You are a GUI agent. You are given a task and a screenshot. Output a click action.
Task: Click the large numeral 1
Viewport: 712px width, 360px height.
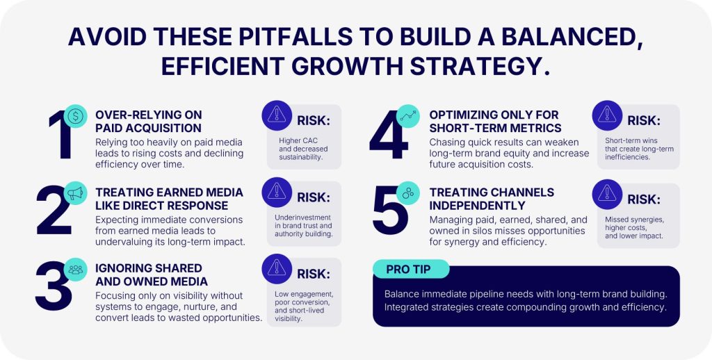pyautogui.click(x=62, y=135)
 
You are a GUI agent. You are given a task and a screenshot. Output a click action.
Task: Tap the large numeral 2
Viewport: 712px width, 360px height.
pyautogui.click(x=54, y=209)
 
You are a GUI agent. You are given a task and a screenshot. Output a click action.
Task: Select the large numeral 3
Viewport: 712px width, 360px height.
pyautogui.click(x=54, y=286)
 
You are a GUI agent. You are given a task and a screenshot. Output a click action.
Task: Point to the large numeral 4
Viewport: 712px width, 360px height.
pyautogui.click(x=389, y=135)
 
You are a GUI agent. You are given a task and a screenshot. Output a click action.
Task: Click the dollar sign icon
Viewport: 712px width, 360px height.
pyautogui.click(x=75, y=116)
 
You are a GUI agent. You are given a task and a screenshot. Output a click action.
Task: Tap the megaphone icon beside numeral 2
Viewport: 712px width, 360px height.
pyautogui.click(x=75, y=193)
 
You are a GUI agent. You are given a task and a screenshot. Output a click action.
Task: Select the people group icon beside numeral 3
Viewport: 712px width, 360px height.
pyautogui.click(x=75, y=270)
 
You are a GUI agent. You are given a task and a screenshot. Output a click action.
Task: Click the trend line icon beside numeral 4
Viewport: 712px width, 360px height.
pyautogui.click(x=407, y=116)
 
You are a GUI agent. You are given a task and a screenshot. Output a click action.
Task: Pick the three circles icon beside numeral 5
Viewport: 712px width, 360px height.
pyautogui.click(x=407, y=193)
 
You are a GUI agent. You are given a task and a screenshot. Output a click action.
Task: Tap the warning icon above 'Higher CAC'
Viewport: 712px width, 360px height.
pyautogui.click(x=277, y=115)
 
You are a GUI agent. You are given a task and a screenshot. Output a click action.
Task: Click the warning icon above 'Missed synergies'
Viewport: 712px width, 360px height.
pyautogui.click(x=607, y=194)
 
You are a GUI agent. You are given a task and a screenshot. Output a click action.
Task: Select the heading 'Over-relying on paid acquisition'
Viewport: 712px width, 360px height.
pyautogui.click(x=149, y=121)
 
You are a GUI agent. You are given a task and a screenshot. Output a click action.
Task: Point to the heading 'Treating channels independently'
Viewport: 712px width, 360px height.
pyautogui.click(x=492, y=199)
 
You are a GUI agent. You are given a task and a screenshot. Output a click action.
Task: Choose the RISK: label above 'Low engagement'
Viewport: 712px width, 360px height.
pyautogui.click(x=314, y=275)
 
